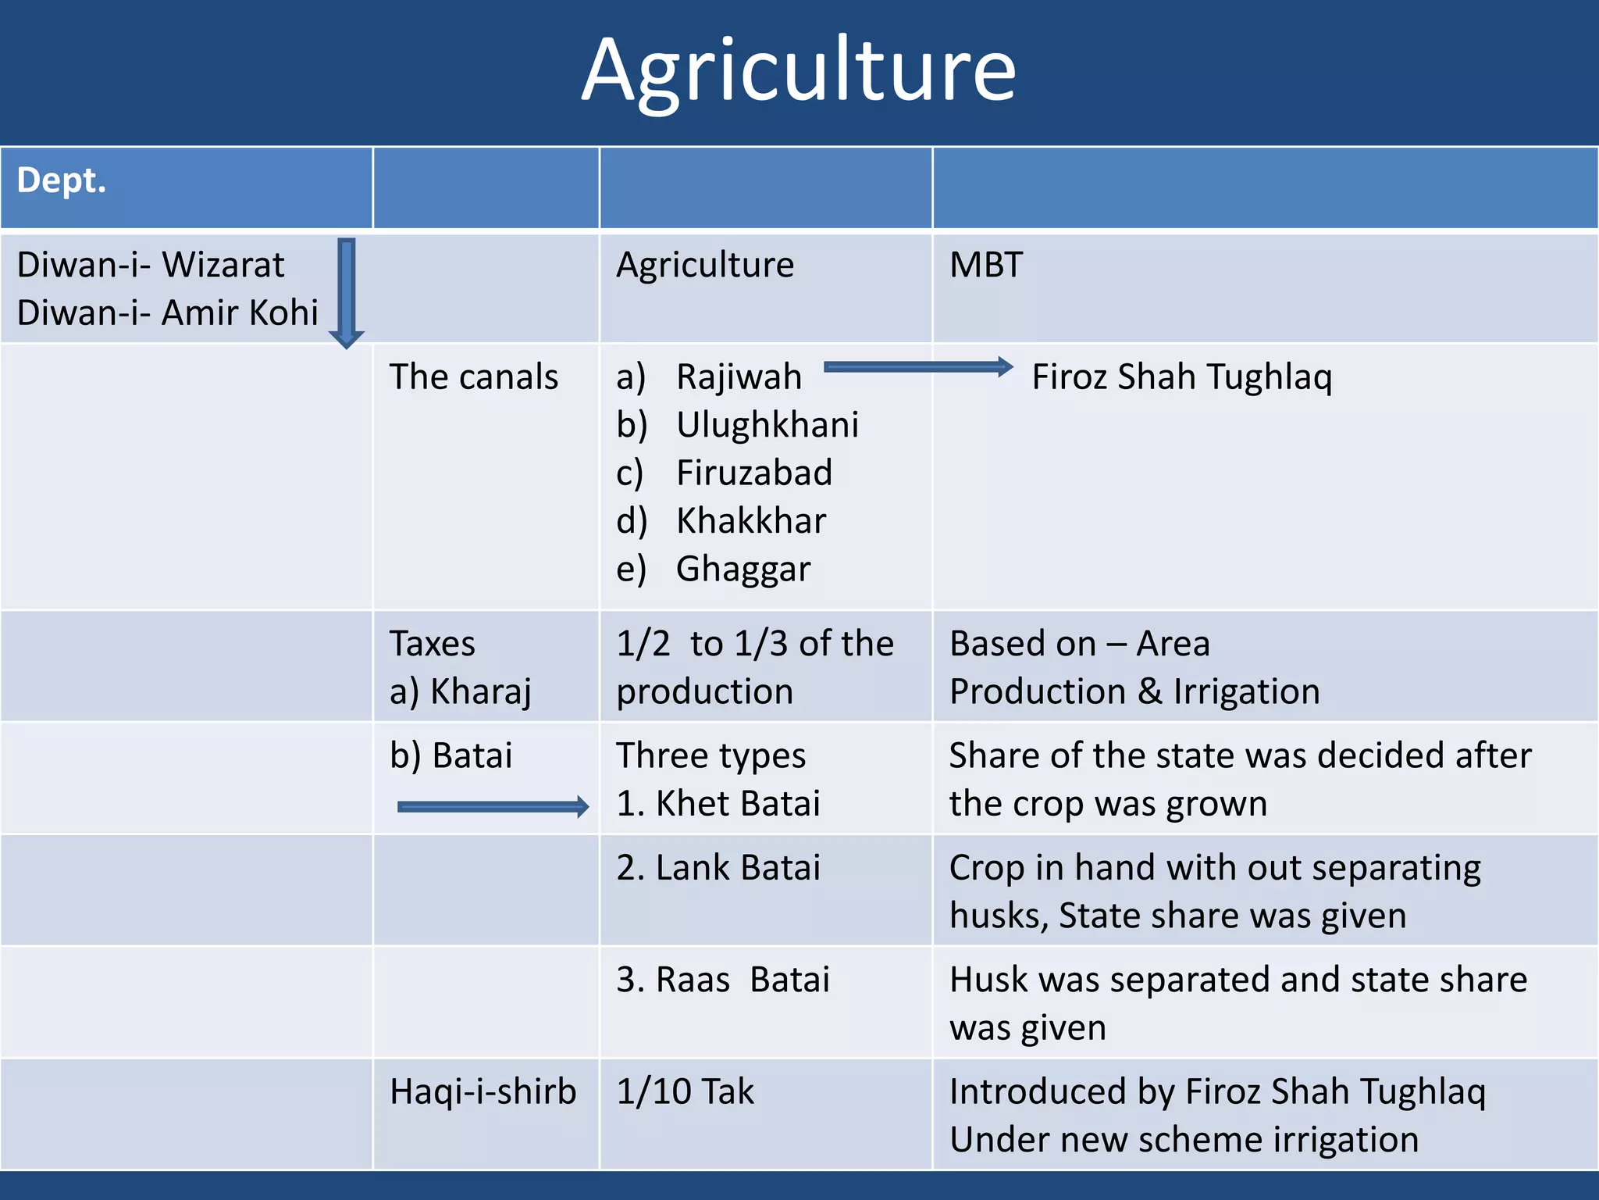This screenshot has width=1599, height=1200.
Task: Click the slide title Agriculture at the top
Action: (799, 72)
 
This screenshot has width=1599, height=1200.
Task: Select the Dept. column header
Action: (62, 180)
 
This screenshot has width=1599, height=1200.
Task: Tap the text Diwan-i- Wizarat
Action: (150, 265)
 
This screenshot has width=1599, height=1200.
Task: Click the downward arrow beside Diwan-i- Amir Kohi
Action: (347, 293)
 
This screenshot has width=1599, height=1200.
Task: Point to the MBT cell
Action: (985, 265)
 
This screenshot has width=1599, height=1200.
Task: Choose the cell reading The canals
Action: (474, 377)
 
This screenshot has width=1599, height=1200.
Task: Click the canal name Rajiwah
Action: (739, 377)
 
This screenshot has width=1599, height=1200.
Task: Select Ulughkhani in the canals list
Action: (767, 425)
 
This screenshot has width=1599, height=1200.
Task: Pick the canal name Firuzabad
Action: (754, 473)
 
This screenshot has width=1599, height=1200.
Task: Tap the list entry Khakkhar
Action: (751, 521)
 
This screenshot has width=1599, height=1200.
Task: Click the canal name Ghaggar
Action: (743, 569)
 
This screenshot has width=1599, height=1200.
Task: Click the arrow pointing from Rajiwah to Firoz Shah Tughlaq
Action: (918, 367)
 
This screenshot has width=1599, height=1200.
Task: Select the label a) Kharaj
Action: (461, 691)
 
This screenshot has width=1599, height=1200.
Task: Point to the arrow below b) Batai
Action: (493, 807)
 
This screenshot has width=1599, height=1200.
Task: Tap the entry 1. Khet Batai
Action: (718, 803)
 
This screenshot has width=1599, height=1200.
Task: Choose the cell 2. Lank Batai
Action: (718, 868)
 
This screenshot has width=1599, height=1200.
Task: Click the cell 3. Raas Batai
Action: (722, 980)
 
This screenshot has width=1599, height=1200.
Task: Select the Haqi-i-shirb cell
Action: (483, 1091)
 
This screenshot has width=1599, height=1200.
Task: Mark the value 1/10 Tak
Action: (686, 1091)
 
